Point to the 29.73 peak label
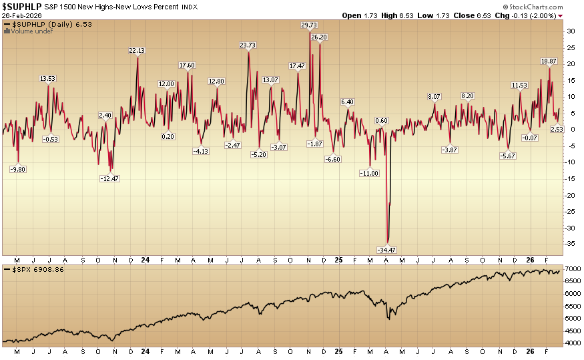tap(309, 25)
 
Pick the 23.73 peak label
tap(248, 45)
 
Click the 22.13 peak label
tap(137, 51)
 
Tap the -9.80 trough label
tap(18, 169)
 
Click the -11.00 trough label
tap(369, 173)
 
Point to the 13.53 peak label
tap(47, 79)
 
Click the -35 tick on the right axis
tap(571, 244)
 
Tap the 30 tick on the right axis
tap(570, 31)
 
